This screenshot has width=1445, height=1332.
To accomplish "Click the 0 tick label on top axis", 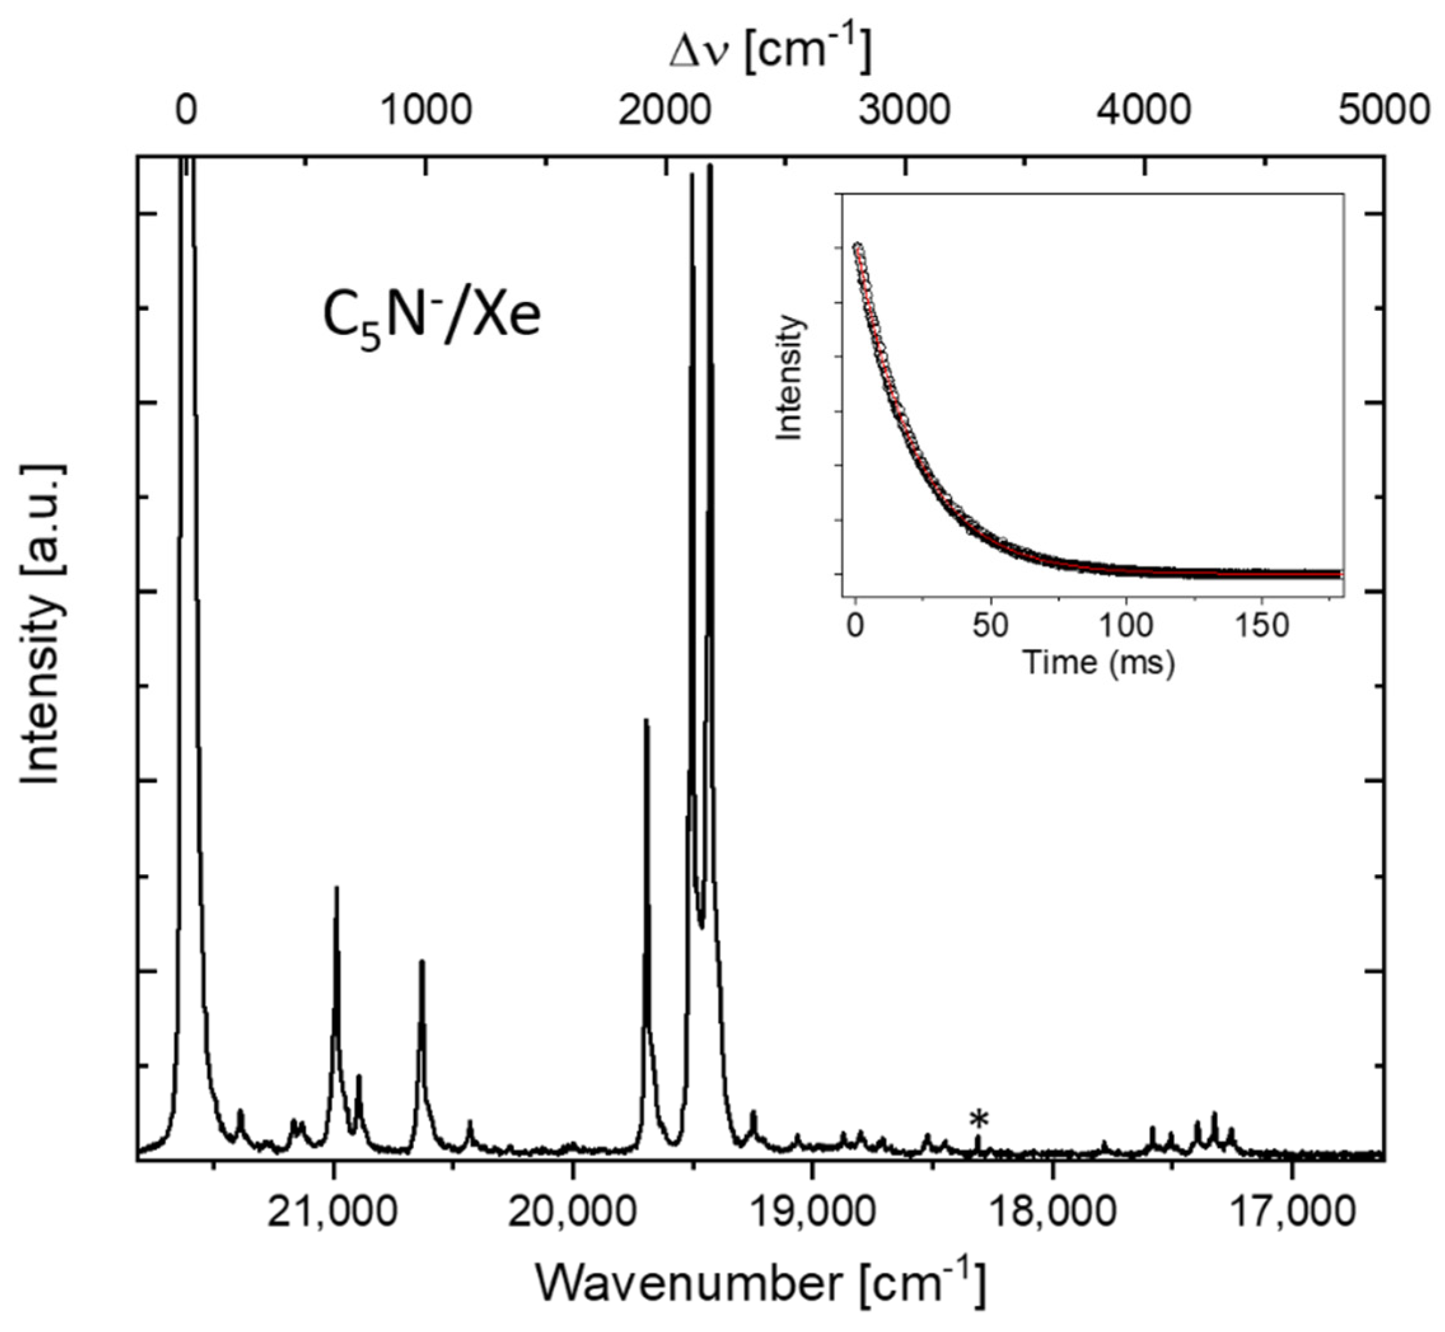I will click(186, 112).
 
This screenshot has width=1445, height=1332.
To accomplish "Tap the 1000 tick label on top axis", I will click(425, 112).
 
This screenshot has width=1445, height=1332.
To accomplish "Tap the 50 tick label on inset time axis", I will click(989, 626).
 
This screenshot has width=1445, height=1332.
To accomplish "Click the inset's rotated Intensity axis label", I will click(791, 378).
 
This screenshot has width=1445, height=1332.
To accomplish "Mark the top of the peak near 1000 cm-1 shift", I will click(422, 961).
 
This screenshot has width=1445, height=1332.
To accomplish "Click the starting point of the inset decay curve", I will click(857, 247).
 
